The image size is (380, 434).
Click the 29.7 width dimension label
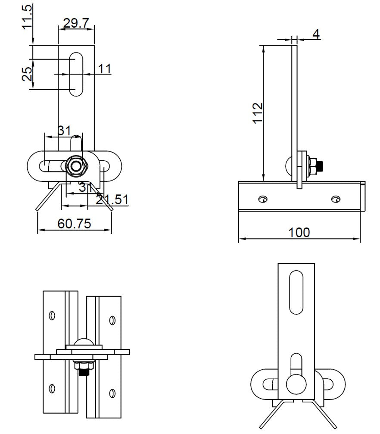[x=76, y=23]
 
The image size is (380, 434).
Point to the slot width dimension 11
[x=104, y=69]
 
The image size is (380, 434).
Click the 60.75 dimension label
[x=74, y=224]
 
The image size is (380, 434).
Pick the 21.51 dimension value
[x=112, y=199]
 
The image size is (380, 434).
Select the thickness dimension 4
[x=316, y=34]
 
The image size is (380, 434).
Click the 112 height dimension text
[x=258, y=113]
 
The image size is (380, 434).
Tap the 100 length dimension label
[x=299, y=232]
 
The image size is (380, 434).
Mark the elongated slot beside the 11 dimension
[x=76, y=74]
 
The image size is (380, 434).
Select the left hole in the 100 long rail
[x=263, y=198]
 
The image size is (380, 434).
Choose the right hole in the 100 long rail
[x=336, y=198]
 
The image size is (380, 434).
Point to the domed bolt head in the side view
[x=290, y=165]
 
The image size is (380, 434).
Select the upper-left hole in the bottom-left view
[x=52, y=315]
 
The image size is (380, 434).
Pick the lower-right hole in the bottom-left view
[x=112, y=393]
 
